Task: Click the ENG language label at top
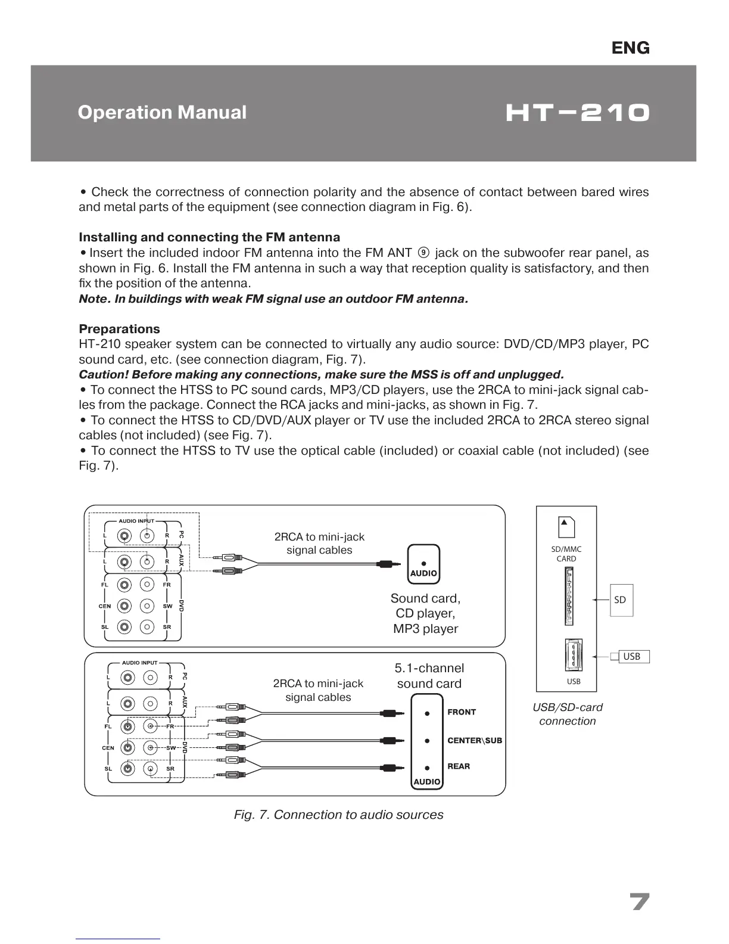point(630,48)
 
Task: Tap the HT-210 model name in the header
point(577,113)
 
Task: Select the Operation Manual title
point(162,112)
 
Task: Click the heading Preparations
point(119,329)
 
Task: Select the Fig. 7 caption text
point(338,815)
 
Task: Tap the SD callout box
point(620,600)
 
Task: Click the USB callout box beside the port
point(631,656)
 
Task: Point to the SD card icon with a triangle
point(566,526)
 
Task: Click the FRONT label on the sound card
point(462,712)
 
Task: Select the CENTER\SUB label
point(475,741)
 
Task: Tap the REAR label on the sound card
point(459,766)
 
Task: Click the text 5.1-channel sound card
point(429,676)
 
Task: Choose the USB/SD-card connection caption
point(567,714)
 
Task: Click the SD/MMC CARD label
point(566,554)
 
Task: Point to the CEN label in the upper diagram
point(105,606)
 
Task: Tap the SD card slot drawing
point(569,596)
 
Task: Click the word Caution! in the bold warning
point(103,375)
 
